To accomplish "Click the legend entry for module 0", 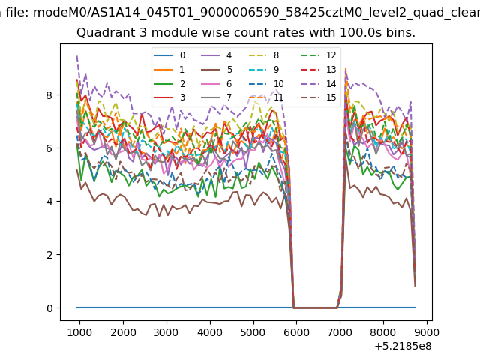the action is click(x=169, y=55).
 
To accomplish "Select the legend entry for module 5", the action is click(x=217, y=70).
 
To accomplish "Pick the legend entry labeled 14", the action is click(x=319, y=84).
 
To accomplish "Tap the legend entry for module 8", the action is click(x=265, y=55).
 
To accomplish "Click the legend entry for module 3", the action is click(x=169, y=97).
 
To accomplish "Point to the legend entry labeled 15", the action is click(x=319, y=97).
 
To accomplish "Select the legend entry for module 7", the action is click(x=217, y=97).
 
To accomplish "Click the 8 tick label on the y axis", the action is click(x=49, y=95).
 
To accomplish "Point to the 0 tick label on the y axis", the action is click(x=49, y=308).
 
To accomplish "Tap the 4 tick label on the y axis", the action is click(x=49, y=202).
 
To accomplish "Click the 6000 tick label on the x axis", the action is click(x=297, y=332).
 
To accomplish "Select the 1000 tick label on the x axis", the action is click(x=79, y=332).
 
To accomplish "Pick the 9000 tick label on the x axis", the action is click(x=427, y=332).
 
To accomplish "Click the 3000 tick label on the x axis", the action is click(x=166, y=332).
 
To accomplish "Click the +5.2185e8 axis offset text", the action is click(x=403, y=346).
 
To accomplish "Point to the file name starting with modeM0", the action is click(x=256, y=13).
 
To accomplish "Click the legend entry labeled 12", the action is click(x=319, y=55).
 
